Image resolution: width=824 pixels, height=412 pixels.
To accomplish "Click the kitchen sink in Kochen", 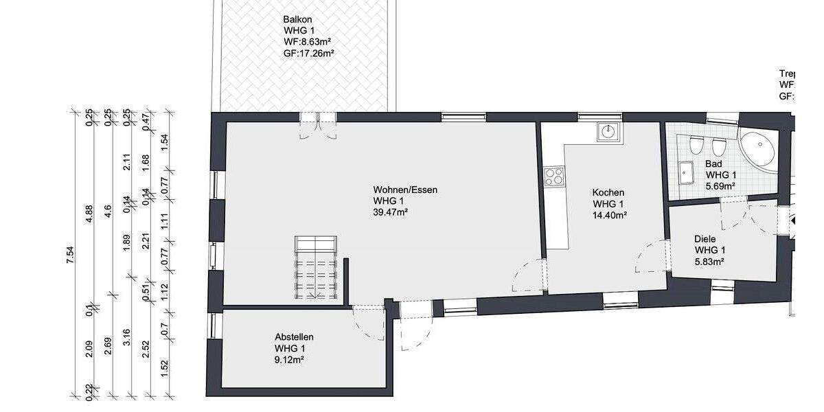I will [x=608, y=130].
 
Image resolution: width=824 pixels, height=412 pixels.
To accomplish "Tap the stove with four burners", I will [x=553, y=176].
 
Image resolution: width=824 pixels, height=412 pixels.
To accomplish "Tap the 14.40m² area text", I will [x=610, y=216].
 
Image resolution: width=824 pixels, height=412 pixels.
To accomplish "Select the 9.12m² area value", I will [x=289, y=359].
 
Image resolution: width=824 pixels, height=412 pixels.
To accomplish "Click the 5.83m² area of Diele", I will [x=709, y=261].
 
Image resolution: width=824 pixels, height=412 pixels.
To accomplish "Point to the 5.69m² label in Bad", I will [x=720, y=186].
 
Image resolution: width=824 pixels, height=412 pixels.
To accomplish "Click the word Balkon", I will [x=297, y=20].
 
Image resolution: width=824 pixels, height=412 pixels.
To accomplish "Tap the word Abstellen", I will [x=294, y=337].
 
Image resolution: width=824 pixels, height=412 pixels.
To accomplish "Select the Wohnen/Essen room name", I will [x=405, y=190].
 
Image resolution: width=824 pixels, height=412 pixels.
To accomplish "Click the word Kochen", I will [x=608, y=193].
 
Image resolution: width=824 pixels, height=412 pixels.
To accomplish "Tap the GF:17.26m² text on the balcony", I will [x=308, y=53].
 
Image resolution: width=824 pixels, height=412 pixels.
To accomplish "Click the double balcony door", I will [x=317, y=126].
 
